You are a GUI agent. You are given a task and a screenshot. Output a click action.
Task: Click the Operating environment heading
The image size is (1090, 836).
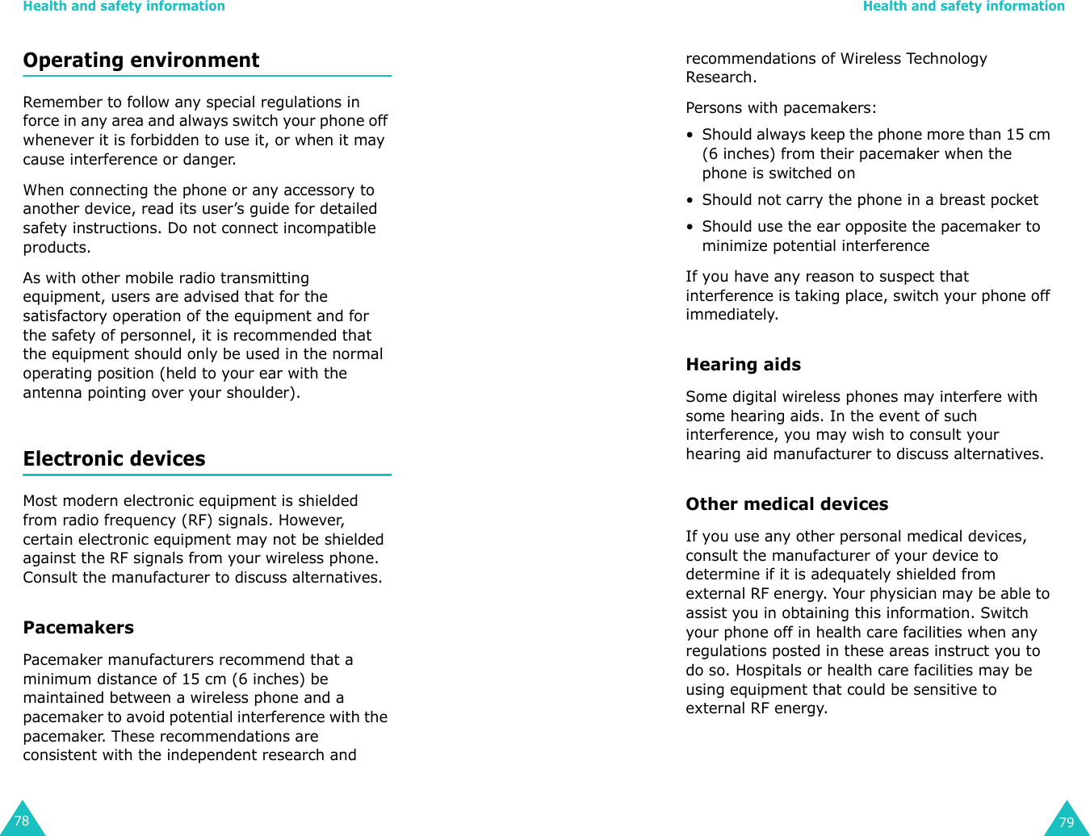point(141,61)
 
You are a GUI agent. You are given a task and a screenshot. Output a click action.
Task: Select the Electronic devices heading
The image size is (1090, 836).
point(114,459)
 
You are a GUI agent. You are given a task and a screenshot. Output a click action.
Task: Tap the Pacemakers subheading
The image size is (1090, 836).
point(78,628)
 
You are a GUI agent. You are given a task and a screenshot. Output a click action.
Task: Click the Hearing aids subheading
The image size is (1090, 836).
point(743,365)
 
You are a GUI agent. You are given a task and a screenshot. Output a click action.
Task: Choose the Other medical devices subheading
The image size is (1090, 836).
point(786,504)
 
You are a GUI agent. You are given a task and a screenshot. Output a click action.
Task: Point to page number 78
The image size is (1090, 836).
point(22,821)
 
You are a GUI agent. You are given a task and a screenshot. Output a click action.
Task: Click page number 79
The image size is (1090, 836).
point(1066,822)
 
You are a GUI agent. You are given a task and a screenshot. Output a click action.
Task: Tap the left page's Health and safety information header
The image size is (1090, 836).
point(124,6)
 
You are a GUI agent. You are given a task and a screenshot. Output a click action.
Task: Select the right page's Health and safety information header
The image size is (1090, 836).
point(963,6)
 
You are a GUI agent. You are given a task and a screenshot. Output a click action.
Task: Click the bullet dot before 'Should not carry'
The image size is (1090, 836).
point(690,201)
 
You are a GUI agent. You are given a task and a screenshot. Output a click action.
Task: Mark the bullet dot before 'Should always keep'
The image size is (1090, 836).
point(690,136)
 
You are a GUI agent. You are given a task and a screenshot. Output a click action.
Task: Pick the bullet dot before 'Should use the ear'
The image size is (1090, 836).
point(690,228)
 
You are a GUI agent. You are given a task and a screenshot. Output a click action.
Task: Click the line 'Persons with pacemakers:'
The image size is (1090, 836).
point(780,108)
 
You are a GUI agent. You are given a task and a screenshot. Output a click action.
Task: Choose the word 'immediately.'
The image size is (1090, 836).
point(732,315)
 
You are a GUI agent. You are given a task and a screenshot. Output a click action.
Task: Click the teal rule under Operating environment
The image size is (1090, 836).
point(207,76)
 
